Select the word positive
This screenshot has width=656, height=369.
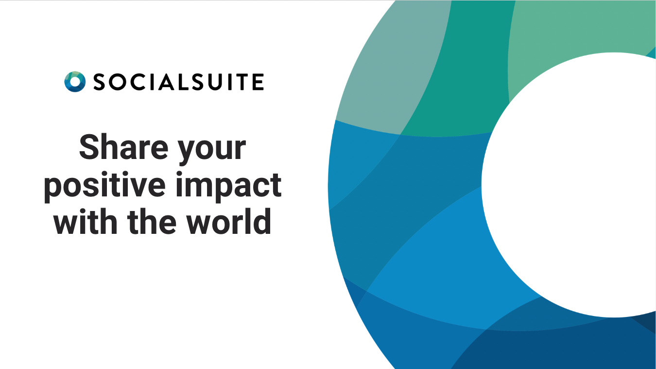tap(105, 185)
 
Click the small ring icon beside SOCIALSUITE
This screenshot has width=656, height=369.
tap(75, 82)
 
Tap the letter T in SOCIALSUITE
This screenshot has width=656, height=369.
tap(241, 82)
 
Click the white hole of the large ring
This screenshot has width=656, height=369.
tap(573, 185)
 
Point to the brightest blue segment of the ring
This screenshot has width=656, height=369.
tap(437, 272)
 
